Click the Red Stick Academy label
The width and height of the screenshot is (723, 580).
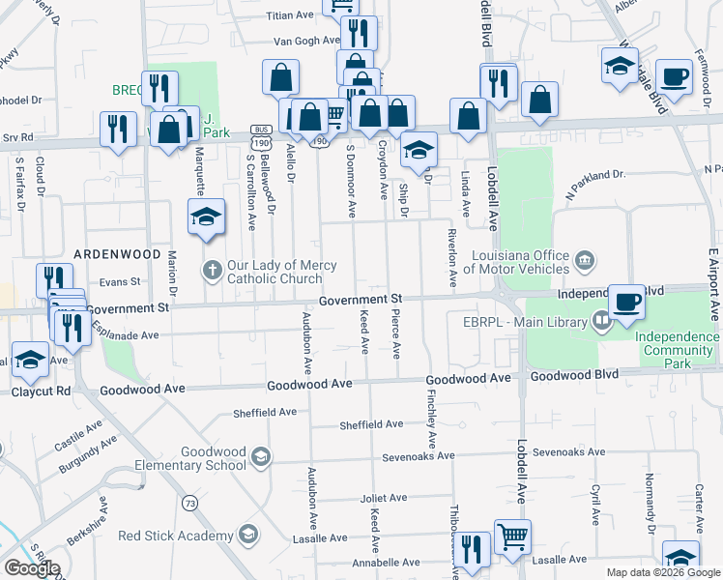177,536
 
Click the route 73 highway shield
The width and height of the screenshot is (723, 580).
189,504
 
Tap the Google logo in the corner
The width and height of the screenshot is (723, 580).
31,568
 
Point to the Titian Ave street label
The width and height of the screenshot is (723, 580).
291,15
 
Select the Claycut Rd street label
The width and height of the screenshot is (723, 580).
42,392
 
